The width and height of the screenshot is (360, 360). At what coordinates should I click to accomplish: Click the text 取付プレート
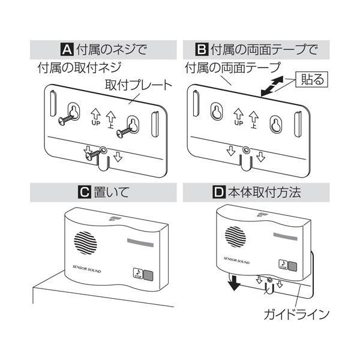pyautogui.click(x=137, y=86)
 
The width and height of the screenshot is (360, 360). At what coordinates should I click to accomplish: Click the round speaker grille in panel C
pyautogui.click(x=84, y=243)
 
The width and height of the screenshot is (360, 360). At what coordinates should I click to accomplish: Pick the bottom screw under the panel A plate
pyautogui.click(x=93, y=155)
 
